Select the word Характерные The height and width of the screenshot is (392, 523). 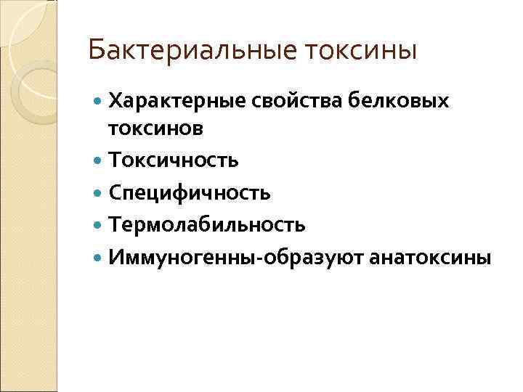[x=177, y=102]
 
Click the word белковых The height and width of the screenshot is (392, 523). [x=397, y=102]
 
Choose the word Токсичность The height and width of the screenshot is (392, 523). [x=174, y=160]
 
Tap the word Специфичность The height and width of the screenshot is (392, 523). [x=190, y=192]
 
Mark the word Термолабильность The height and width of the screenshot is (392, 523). [x=207, y=225]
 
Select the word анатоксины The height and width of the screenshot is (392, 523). [x=431, y=258]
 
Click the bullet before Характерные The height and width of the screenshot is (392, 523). [x=99, y=102]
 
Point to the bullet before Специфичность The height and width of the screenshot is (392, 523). [x=99, y=193]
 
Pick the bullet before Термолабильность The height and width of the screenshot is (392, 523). [x=99, y=226]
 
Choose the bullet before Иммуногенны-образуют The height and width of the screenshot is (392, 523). [x=99, y=258]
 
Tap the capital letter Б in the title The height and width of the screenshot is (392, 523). [x=94, y=51]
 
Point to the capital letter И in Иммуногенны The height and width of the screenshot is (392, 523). [x=116, y=258]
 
